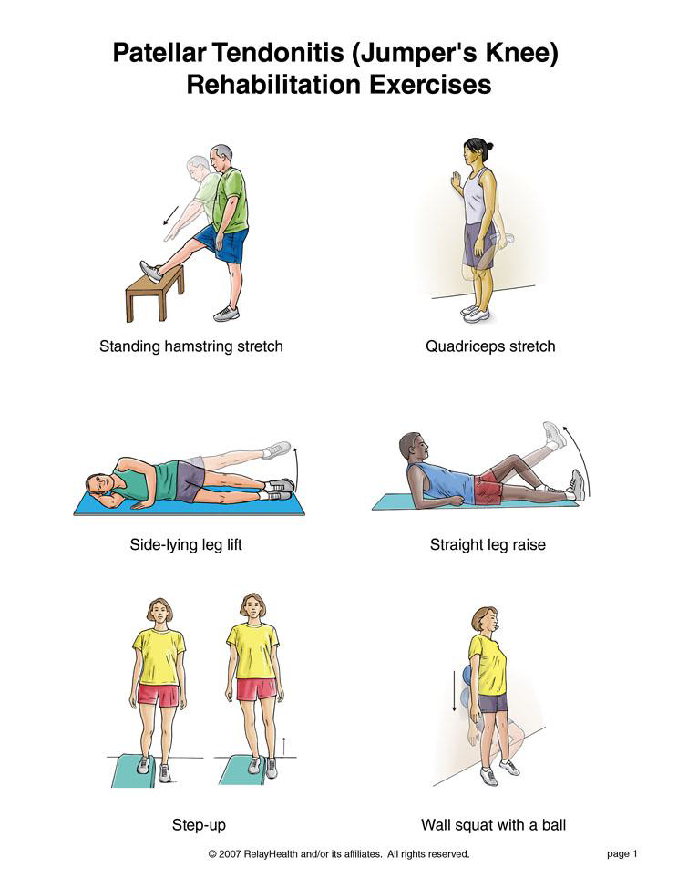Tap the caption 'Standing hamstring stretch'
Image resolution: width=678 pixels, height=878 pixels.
point(190,346)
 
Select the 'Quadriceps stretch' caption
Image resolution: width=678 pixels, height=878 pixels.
point(490,346)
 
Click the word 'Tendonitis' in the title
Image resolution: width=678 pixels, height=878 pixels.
point(278,53)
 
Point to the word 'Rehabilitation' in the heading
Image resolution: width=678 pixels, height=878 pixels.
point(273,85)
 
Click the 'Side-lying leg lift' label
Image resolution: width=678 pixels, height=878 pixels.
point(186,544)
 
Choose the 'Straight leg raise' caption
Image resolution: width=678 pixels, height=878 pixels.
point(488,544)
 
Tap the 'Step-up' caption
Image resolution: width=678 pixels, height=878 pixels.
point(199,825)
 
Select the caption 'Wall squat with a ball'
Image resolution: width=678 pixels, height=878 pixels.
point(493,825)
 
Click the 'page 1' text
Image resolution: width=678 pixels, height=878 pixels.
point(622,854)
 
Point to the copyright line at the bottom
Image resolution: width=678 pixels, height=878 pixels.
point(339,854)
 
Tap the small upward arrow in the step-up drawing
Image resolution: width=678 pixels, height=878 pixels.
point(283,747)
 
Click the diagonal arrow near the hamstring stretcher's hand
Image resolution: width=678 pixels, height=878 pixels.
point(170,215)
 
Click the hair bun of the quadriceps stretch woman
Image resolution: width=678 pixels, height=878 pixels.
point(490,147)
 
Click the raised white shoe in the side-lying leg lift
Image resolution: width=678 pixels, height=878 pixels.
point(276,449)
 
